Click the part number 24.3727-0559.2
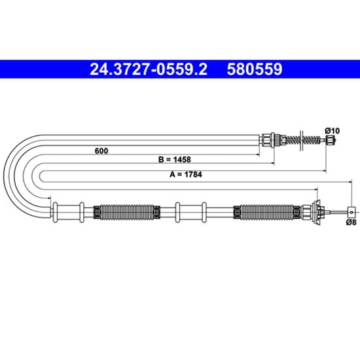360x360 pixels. point(149,69)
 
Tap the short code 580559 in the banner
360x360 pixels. point(255,69)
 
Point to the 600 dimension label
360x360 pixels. point(101,151)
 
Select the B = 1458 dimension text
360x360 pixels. point(175,159)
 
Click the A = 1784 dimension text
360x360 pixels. point(186,175)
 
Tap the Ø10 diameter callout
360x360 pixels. point(332,131)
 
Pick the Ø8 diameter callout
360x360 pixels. point(351,223)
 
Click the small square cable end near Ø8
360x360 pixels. point(351,212)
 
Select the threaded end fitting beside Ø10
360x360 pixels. point(331,140)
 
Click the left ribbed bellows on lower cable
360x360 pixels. point(127,212)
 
